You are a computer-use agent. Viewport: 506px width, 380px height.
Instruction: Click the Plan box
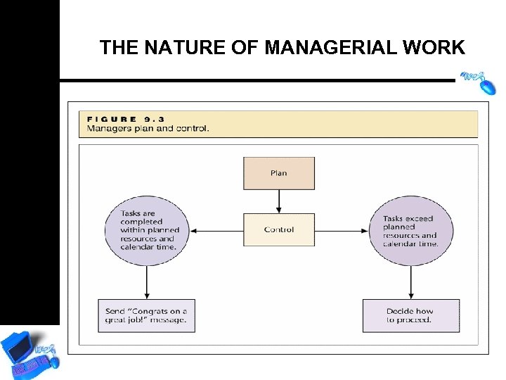279,173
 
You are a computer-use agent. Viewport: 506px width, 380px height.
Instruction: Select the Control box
279,229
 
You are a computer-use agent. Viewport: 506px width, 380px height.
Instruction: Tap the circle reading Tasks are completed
147,230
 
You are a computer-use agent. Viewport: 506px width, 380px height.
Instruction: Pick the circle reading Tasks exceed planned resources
411,230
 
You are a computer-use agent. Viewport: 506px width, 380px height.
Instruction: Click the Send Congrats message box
146,316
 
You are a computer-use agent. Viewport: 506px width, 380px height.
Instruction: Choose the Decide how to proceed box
411,316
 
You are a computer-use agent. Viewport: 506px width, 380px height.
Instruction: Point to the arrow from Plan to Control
279,201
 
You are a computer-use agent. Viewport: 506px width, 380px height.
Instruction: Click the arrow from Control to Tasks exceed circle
342,230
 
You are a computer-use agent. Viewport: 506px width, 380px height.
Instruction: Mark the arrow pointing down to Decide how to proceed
411,281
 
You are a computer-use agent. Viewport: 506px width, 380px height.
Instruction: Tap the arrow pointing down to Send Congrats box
147,281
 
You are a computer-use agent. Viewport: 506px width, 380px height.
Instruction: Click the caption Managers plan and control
148,129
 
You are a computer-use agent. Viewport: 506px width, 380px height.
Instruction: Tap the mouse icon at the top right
479,81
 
